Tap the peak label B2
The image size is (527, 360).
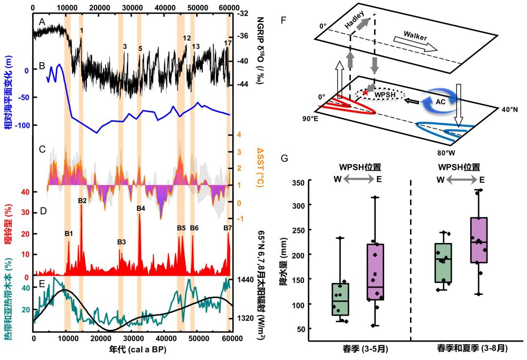tap(82, 200)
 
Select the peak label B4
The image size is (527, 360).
tap(141, 208)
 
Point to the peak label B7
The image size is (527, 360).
tap(228, 228)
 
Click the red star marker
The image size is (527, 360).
tap(365, 92)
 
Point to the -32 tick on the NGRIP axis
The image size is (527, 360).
tap(243, 14)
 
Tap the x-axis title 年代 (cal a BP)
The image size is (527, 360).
tap(132, 351)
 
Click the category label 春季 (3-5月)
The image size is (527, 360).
tap(352, 349)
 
